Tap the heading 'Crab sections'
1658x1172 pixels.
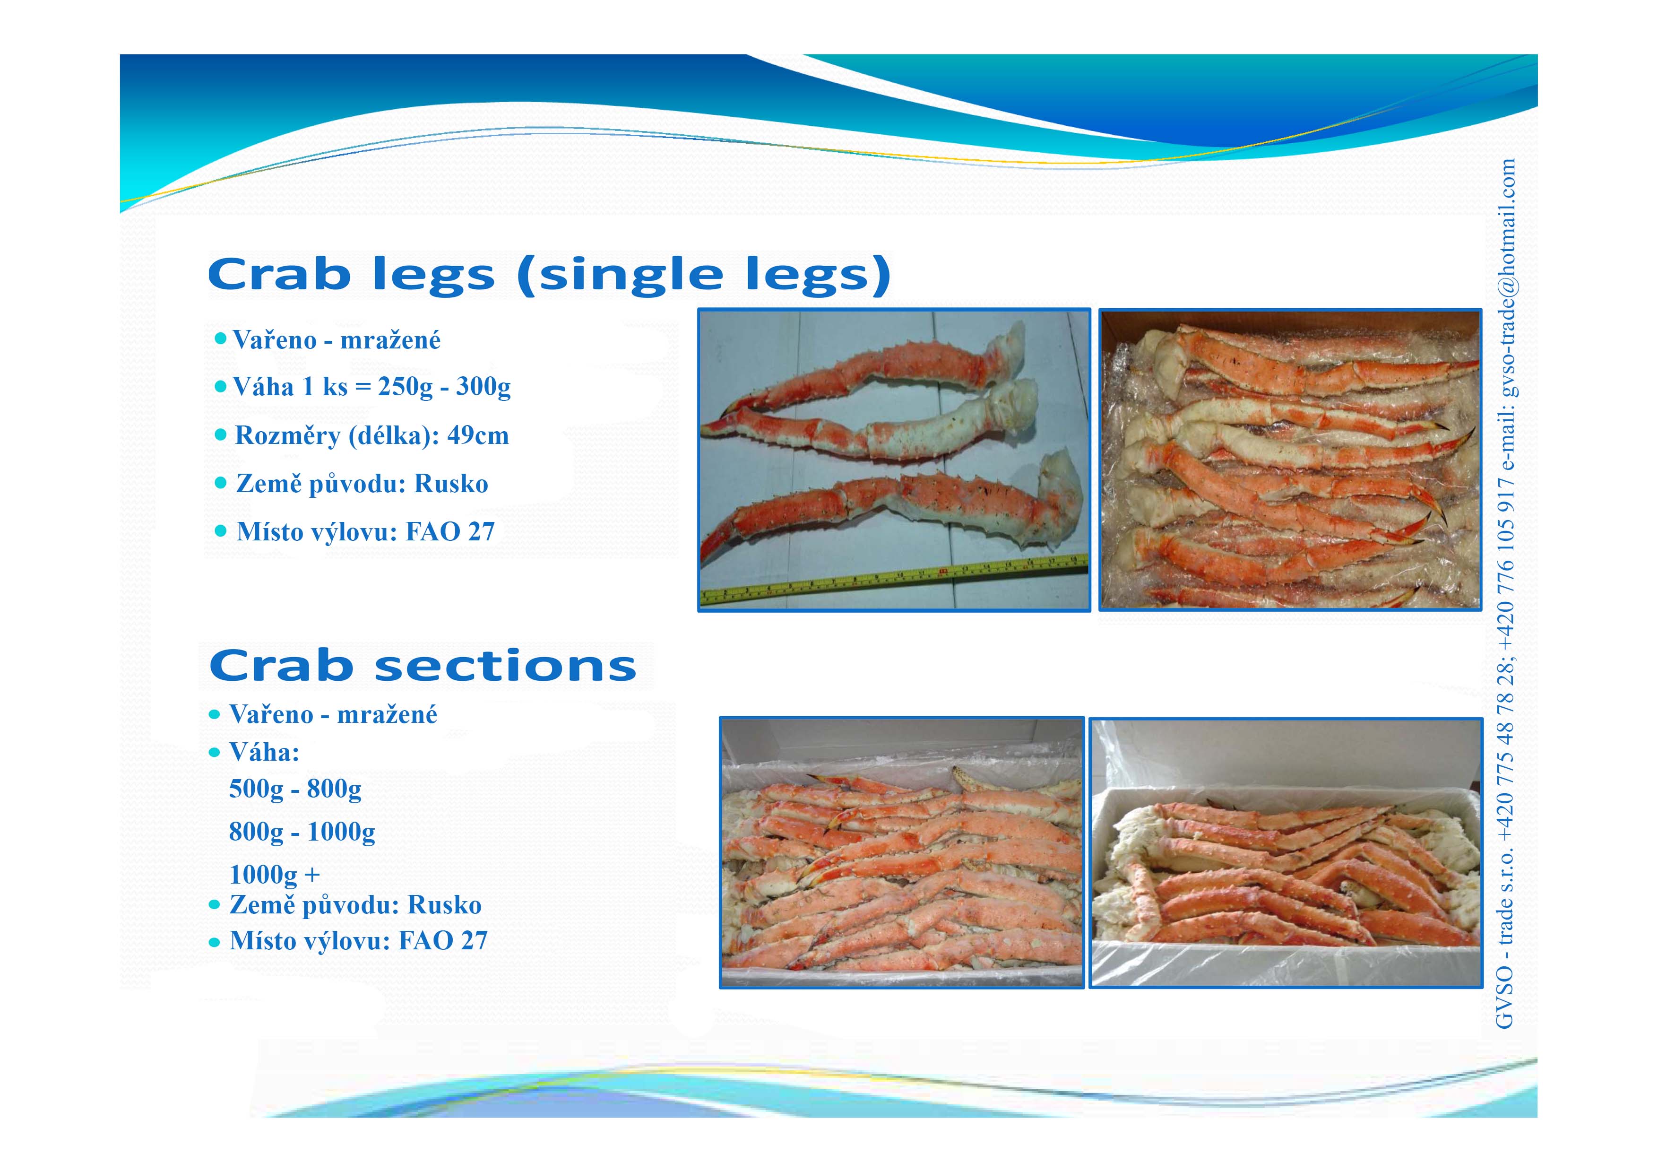tap(423, 665)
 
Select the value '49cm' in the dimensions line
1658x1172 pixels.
tap(478, 435)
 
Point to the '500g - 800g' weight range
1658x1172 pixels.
tap(295, 789)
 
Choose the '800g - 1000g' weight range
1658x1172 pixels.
tap(302, 832)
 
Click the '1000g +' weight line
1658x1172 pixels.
tap(275, 875)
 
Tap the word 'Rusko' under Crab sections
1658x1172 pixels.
tap(445, 905)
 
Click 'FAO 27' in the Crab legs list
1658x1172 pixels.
tap(450, 532)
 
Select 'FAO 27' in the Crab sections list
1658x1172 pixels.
tap(443, 941)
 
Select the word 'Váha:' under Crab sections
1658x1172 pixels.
tap(264, 753)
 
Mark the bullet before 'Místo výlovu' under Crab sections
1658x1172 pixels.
tap(214, 942)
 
